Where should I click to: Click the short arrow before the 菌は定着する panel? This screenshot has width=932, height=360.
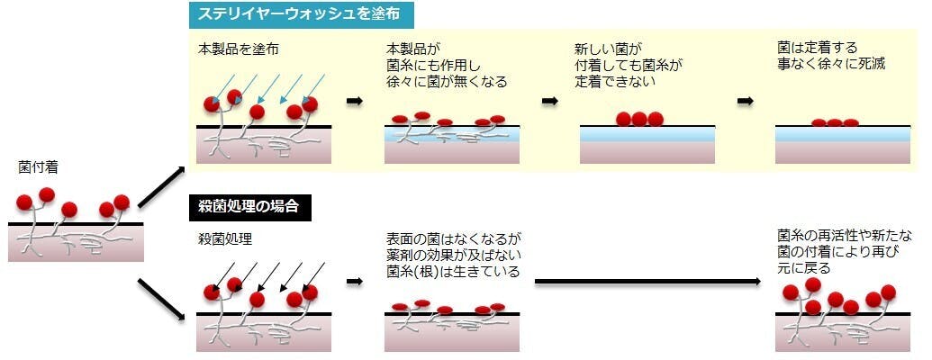click(x=745, y=101)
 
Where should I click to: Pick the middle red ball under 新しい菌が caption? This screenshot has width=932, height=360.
click(x=639, y=118)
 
